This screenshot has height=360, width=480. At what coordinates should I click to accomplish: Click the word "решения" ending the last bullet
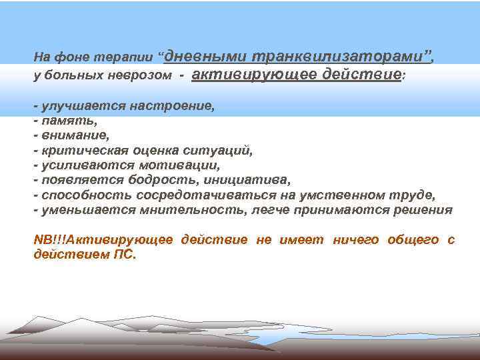[424, 210]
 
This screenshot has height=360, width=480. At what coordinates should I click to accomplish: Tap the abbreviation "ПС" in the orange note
[123, 254]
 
